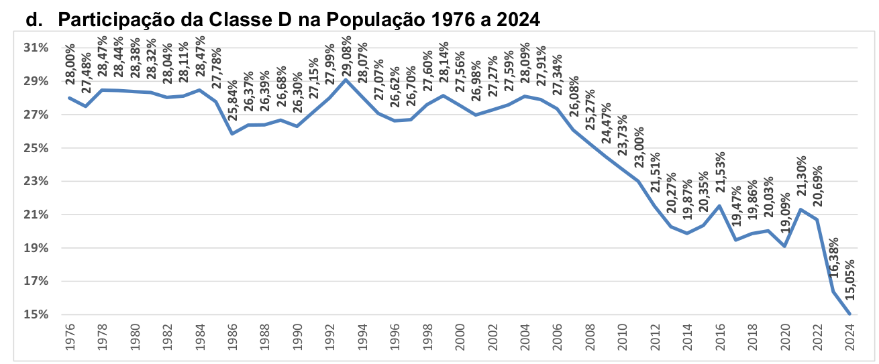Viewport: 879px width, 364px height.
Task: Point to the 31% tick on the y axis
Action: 36,48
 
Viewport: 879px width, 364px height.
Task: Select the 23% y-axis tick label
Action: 36,182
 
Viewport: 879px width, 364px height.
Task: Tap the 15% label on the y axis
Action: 36,314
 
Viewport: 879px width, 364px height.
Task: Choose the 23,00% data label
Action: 639,147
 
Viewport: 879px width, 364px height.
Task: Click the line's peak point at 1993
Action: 346,80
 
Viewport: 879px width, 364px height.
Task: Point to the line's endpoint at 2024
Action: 849,314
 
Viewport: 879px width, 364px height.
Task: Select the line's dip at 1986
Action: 232,134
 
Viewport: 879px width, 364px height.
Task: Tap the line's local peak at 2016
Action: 719,206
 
